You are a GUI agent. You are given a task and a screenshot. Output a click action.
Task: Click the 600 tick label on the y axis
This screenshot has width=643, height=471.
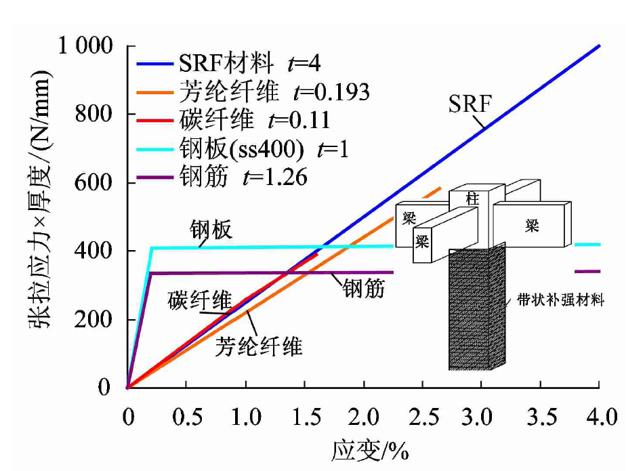[x=98, y=183]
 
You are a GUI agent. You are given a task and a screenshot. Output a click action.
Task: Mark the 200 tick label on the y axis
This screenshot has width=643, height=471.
[x=98, y=320]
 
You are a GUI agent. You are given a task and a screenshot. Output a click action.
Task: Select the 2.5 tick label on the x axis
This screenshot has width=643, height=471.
[x=421, y=415]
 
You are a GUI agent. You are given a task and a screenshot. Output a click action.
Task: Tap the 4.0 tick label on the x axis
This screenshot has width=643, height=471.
[x=598, y=415]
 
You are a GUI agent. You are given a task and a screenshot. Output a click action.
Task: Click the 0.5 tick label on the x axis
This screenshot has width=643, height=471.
[x=186, y=415]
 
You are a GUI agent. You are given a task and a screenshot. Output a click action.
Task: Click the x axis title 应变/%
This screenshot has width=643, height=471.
[x=370, y=449]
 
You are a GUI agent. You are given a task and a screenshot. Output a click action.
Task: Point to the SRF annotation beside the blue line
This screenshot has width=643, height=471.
[x=470, y=104]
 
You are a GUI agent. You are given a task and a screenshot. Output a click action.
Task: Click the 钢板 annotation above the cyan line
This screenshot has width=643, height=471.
[x=211, y=230]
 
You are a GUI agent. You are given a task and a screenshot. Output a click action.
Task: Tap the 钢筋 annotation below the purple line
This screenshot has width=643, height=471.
[x=363, y=289]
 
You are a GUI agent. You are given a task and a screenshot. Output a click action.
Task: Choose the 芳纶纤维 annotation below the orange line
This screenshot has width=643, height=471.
[x=259, y=347]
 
